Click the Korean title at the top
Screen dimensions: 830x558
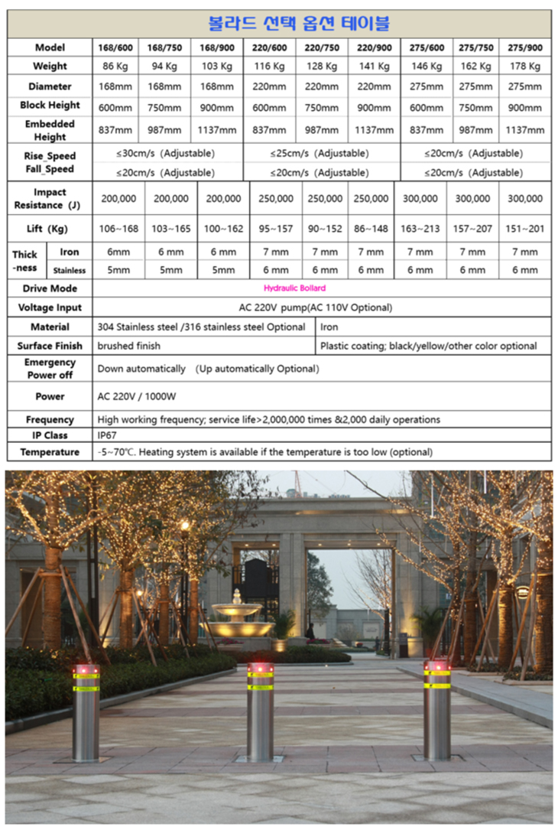(299, 24)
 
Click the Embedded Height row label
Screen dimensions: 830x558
(50, 130)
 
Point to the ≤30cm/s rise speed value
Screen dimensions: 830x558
(165, 153)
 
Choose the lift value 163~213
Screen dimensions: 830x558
(420, 229)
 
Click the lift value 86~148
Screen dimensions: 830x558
(371, 229)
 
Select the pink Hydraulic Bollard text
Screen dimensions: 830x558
(294, 288)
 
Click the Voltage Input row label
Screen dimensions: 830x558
(50, 308)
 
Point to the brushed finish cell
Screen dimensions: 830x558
(128, 346)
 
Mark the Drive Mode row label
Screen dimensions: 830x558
(50, 288)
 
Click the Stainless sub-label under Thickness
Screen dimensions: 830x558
(69, 270)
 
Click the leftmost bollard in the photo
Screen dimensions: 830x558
(86, 715)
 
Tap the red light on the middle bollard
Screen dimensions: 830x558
(261, 669)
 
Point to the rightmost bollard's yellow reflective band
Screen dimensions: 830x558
(437, 685)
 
